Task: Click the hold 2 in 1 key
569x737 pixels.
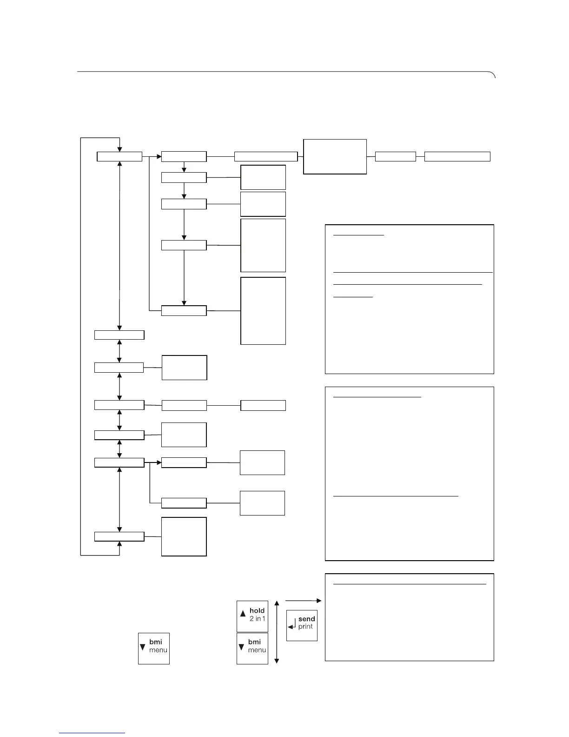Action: (x=252, y=616)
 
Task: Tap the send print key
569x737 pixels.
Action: (x=302, y=625)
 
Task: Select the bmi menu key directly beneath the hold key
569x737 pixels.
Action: (x=252, y=648)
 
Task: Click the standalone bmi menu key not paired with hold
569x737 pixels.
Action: (x=154, y=648)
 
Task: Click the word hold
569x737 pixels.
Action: (x=257, y=610)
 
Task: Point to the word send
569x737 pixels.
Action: (x=307, y=619)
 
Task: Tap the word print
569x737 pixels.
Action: (x=305, y=627)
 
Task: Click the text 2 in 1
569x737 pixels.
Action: (x=257, y=619)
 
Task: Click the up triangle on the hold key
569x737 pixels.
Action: (x=243, y=614)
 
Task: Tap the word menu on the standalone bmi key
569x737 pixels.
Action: (x=158, y=650)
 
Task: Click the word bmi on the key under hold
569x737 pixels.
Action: (x=254, y=642)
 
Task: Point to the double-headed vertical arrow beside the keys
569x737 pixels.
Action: (x=277, y=632)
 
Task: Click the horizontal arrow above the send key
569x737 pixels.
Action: (x=303, y=601)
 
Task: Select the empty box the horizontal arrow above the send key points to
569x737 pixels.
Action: (x=409, y=617)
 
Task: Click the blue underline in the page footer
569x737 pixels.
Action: (x=92, y=733)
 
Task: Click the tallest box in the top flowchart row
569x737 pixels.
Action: (x=335, y=156)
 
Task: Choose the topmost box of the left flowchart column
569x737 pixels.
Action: (x=119, y=156)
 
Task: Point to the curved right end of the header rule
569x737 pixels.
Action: (x=494, y=74)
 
